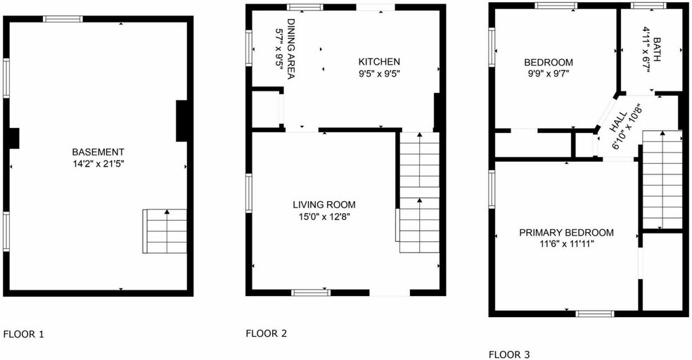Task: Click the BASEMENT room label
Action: [x=98, y=152]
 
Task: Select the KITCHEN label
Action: [x=379, y=62]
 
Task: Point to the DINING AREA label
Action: [x=290, y=49]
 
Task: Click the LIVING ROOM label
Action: [x=324, y=205]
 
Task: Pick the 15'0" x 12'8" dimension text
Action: [x=324, y=217]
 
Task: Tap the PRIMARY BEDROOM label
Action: [x=566, y=233]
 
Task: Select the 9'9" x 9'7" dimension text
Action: [x=548, y=74]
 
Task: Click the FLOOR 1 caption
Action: [x=23, y=335]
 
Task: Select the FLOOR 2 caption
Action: [x=266, y=333]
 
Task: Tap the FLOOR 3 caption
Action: [x=509, y=354]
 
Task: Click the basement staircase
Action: [x=165, y=231]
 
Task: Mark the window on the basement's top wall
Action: [x=63, y=19]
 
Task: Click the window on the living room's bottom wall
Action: [x=311, y=292]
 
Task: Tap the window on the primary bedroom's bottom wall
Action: [x=594, y=314]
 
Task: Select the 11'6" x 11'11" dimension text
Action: [x=566, y=245]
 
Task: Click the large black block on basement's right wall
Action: [x=182, y=121]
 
